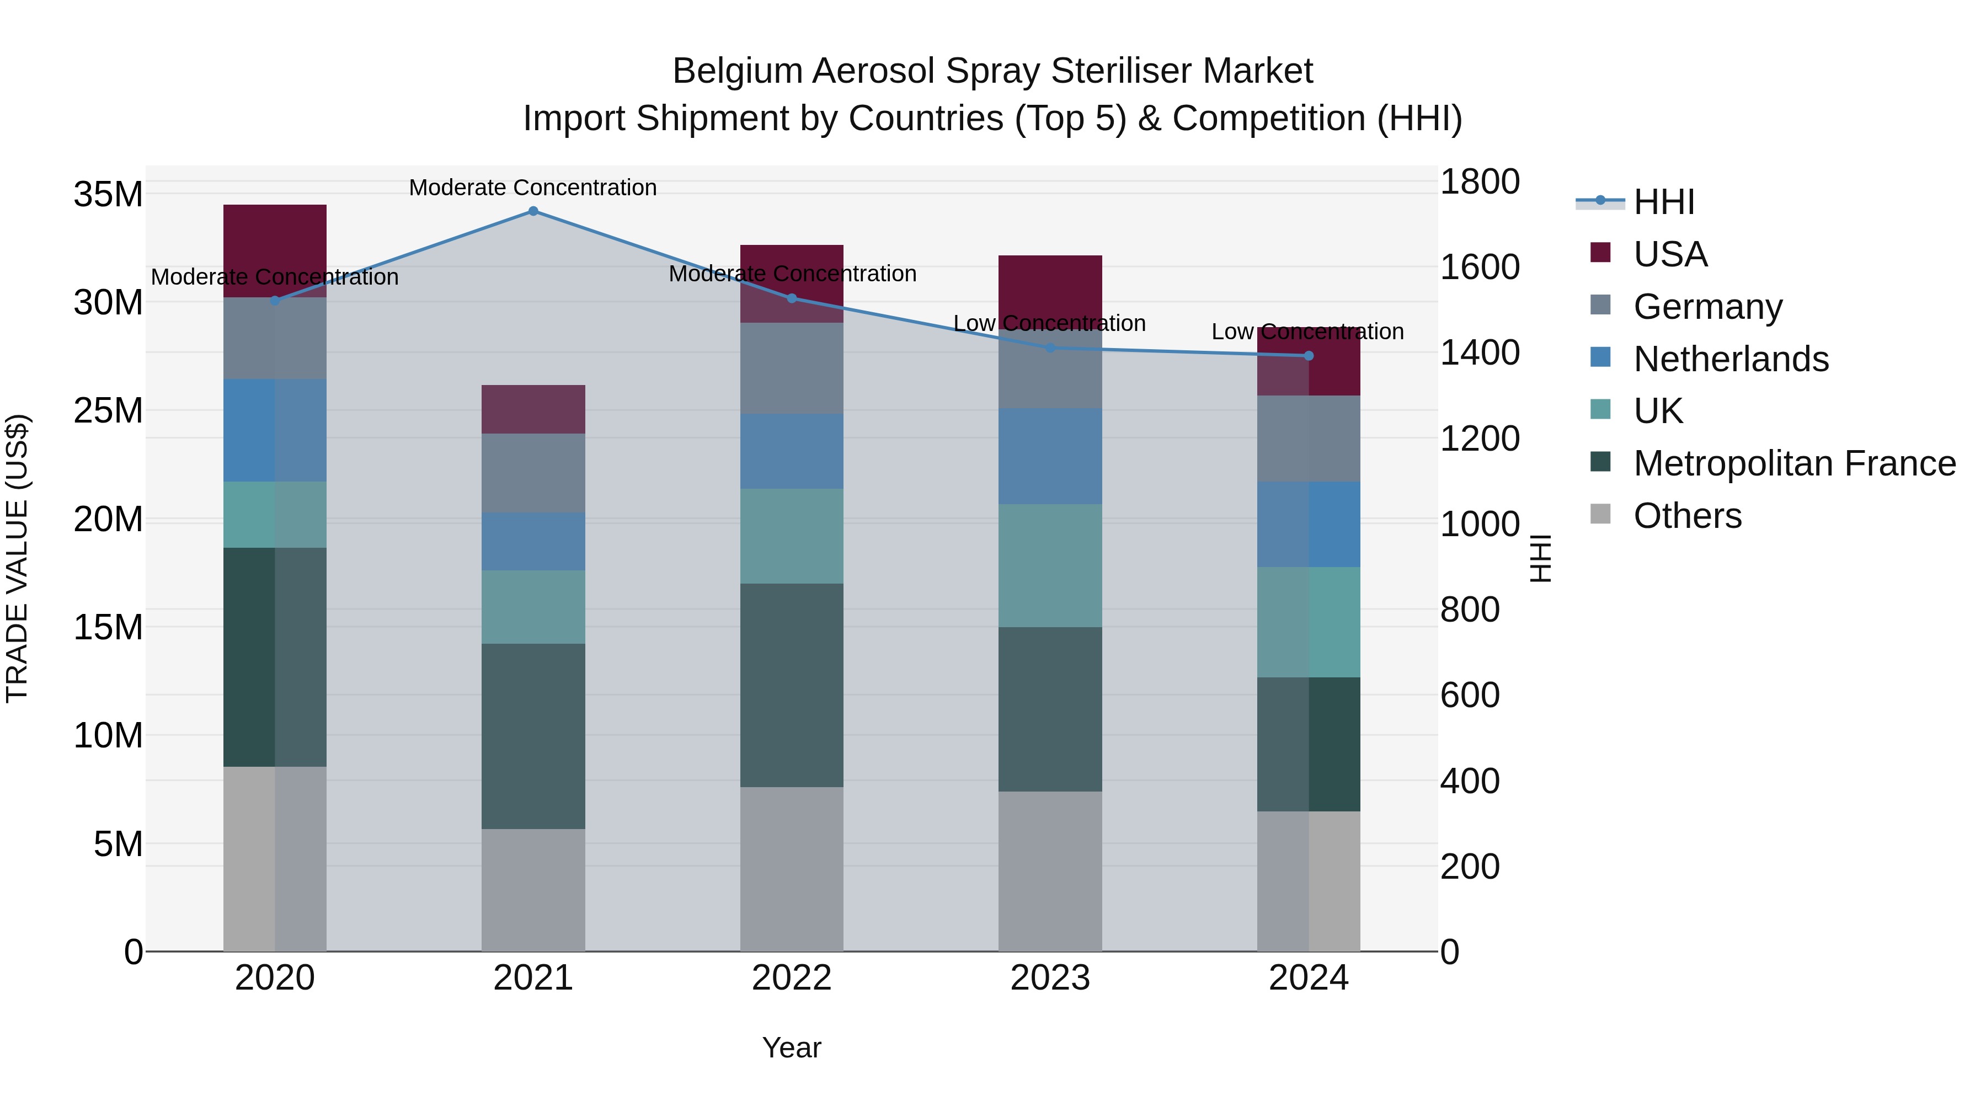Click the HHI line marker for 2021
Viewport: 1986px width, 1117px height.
[533, 211]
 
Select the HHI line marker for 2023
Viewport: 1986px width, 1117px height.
[1050, 348]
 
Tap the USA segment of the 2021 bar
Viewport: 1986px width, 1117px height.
[533, 409]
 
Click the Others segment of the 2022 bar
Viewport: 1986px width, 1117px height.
[792, 869]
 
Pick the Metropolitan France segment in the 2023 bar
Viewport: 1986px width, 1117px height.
[1050, 709]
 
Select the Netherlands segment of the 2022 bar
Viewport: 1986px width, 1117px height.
[792, 452]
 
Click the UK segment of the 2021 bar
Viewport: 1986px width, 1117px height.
[533, 607]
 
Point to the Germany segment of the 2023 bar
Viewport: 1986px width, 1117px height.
[1050, 370]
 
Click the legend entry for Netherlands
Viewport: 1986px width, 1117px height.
[1730, 359]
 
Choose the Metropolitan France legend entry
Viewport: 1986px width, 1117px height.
[1793, 464]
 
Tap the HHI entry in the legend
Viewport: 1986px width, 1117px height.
[1664, 202]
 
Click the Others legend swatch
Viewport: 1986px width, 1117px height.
[1600, 514]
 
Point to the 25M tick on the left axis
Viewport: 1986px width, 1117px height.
[108, 411]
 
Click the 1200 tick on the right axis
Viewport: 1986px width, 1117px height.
[1480, 439]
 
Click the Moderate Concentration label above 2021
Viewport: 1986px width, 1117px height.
[533, 188]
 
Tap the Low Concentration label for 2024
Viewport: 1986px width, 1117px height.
[1307, 332]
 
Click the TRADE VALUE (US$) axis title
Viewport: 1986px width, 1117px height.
[18, 558]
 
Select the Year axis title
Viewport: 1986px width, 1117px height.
[792, 1047]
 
